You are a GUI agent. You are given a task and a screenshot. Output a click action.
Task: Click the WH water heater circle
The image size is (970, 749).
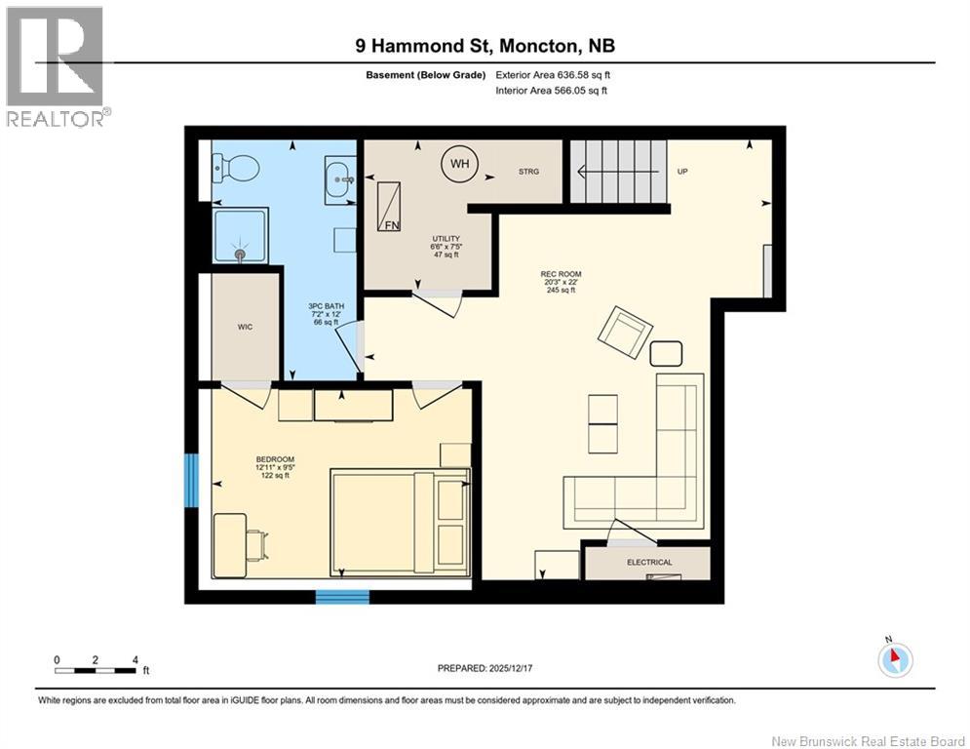pyautogui.click(x=459, y=163)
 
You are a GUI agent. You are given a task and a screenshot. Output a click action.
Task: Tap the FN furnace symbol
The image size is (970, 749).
pyautogui.click(x=391, y=207)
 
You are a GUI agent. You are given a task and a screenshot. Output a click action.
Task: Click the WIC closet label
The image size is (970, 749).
pyautogui.click(x=245, y=327)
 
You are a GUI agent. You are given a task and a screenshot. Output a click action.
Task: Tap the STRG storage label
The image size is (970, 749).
pyautogui.click(x=527, y=172)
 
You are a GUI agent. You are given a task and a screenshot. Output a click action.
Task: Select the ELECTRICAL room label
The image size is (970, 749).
pyautogui.click(x=649, y=563)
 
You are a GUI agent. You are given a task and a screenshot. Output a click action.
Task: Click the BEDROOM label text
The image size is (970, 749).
pyautogui.click(x=274, y=459)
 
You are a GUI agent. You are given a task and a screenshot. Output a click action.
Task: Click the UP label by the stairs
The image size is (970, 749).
pyautogui.click(x=683, y=172)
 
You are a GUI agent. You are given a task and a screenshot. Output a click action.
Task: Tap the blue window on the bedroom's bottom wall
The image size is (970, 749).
pyautogui.click(x=342, y=597)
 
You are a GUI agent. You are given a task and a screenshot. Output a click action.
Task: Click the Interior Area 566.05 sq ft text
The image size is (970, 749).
pyautogui.click(x=553, y=91)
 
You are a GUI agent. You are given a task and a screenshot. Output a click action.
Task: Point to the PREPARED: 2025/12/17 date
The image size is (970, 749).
pyautogui.click(x=492, y=668)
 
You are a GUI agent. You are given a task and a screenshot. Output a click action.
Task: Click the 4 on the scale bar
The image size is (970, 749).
pyautogui.click(x=134, y=659)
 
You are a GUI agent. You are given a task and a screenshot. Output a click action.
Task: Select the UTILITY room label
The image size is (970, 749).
pyautogui.click(x=446, y=239)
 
